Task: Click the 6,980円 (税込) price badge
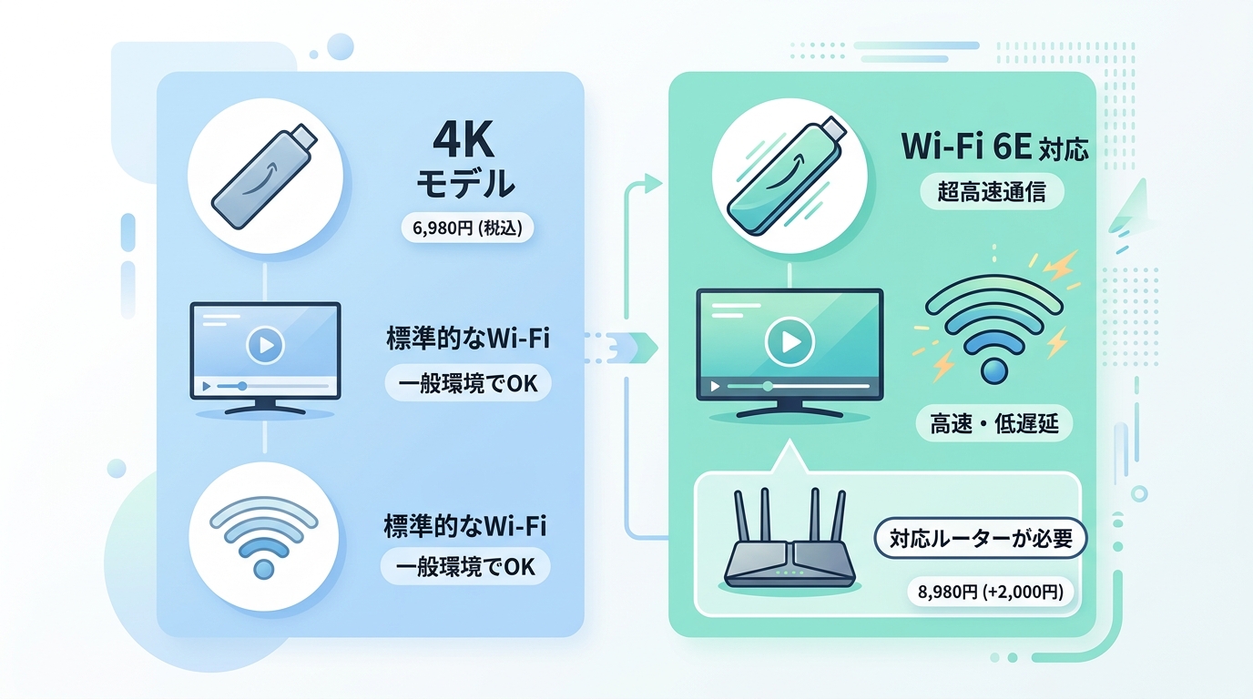click(468, 228)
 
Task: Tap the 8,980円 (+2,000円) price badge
click(991, 592)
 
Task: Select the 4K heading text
click(464, 140)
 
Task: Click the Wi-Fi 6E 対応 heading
click(995, 148)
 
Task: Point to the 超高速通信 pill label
click(992, 192)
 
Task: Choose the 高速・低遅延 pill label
click(994, 423)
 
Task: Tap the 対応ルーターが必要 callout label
click(981, 539)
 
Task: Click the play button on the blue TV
click(265, 345)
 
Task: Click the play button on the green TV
click(789, 341)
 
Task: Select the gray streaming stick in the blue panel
click(264, 177)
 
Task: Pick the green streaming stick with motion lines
click(787, 177)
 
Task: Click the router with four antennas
click(789, 539)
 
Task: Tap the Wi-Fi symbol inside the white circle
click(264, 537)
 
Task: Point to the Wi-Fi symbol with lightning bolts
click(994, 329)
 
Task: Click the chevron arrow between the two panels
click(643, 348)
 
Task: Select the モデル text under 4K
click(465, 184)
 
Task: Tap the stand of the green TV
click(789, 409)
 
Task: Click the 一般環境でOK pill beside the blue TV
click(468, 383)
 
